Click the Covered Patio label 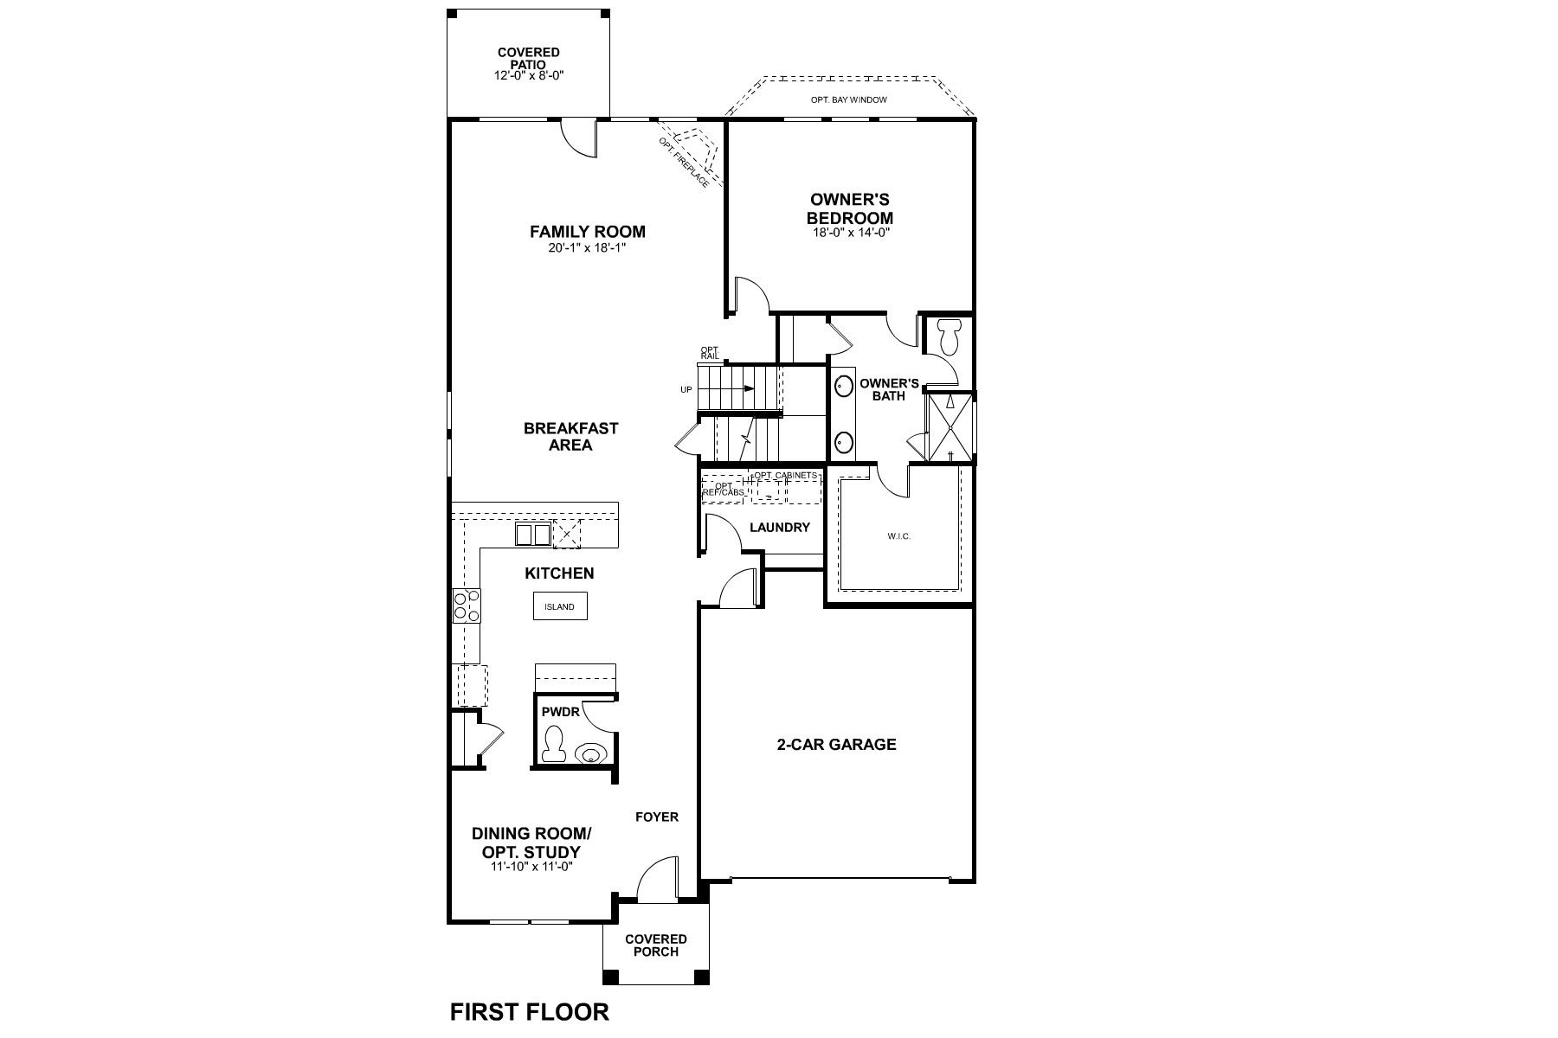(528, 59)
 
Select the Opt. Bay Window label (848, 100)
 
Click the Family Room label (587, 232)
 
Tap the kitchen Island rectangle (559, 606)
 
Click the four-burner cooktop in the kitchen (467, 605)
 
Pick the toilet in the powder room (552, 745)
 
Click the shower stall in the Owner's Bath (950, 427)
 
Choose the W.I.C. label (898, 536)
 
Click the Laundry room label (779, 528)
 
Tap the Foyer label (656, 817)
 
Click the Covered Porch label (655, 945)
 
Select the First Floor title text (529, 1011)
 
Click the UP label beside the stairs (686, 390)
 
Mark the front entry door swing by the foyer (658, 878)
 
